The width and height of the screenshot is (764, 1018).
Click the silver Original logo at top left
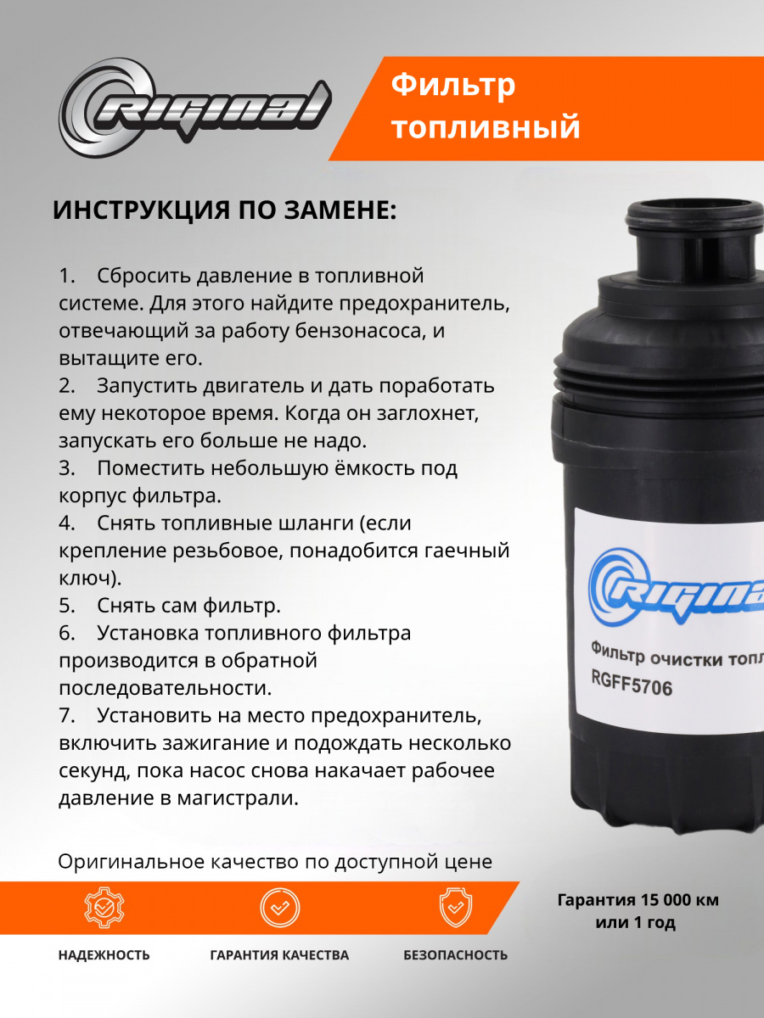tap(195, 108)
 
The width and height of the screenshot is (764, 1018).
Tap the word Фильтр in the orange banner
tap(453, 86)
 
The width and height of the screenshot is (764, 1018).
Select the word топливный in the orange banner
tap(486, 126)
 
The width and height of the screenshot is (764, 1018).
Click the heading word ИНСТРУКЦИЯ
tap(142, 210)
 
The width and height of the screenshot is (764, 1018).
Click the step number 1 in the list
tap(66, 276)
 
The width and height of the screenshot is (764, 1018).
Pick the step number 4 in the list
tap(66, 523)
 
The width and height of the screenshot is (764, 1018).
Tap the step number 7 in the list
tap(66, 716)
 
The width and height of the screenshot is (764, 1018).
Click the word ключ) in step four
tap(90, 579)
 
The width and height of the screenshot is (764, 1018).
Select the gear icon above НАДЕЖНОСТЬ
tap(104, 908)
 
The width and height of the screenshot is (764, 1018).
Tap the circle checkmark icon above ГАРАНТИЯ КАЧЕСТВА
tap(280, 908)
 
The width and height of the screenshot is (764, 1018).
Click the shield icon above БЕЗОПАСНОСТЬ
tap(456, 908)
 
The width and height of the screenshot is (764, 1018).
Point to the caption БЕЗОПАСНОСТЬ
tap(456, 955)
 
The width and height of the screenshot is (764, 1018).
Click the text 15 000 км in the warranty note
tap(680, 900)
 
